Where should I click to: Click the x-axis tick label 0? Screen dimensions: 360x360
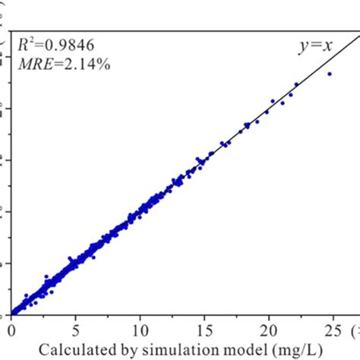11,331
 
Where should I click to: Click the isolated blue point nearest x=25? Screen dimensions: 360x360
330,74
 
